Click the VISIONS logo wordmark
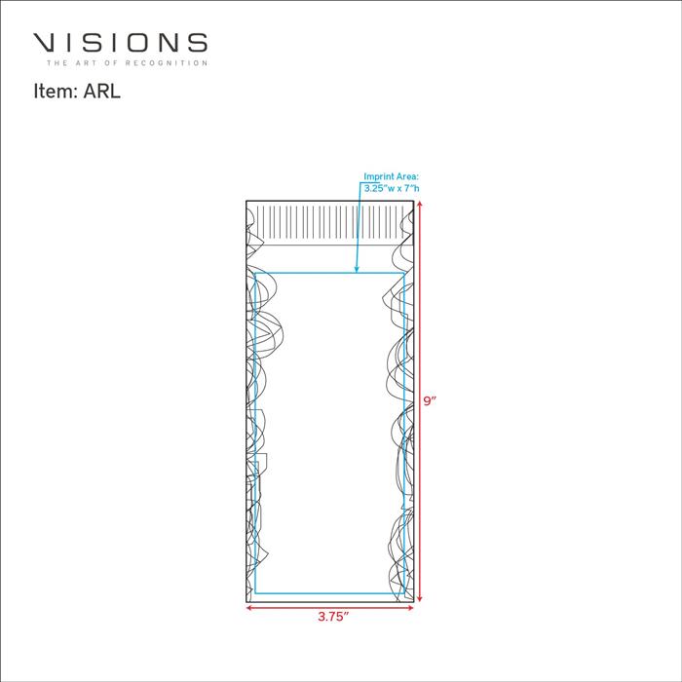pos(120,43)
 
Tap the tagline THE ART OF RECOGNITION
pos(127,63)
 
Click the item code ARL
pos(101,92)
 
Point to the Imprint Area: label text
pos(391,176)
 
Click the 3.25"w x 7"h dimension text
pos(392,188)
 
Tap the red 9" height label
pos(430,400)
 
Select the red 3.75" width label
pos(333,617)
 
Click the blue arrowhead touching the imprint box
pos(357,269)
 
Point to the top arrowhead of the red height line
pos(419,204)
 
